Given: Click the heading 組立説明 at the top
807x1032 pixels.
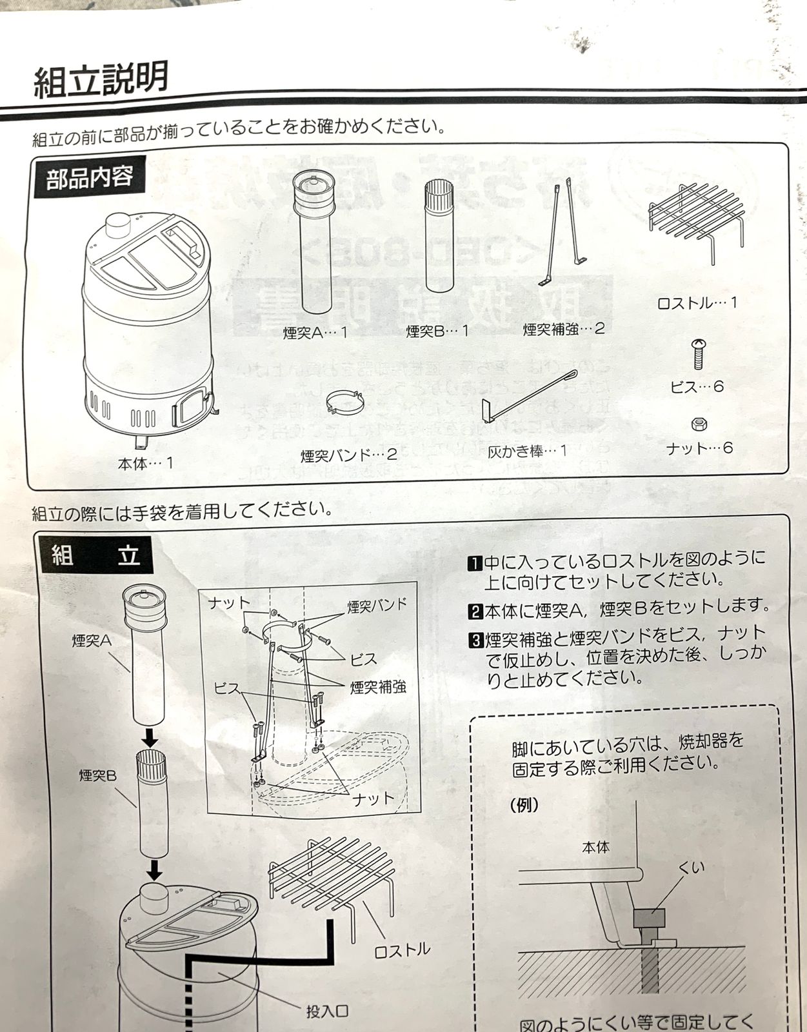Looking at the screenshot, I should [101, 79].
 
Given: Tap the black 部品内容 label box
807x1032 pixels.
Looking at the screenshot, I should [89, 177].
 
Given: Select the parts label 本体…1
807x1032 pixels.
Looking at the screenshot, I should [146, 463].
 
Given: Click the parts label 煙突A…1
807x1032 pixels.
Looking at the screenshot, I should [315, 333].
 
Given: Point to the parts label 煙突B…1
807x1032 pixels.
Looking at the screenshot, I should [437, 332].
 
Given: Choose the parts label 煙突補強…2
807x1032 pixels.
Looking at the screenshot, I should [563, 329].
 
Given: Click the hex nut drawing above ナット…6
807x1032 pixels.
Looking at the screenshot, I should [699, 424].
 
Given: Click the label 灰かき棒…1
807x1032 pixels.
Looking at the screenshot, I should [527, 451].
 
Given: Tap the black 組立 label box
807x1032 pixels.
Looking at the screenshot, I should [96, 555].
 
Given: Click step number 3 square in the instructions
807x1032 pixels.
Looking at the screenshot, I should [475, 640].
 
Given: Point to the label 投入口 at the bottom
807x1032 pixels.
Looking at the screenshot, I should [327, 1011].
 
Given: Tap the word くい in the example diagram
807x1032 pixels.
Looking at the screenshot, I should [692, 868].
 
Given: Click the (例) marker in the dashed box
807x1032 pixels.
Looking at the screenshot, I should [524, 806].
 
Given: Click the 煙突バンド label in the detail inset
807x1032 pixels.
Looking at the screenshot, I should [377, 606].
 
